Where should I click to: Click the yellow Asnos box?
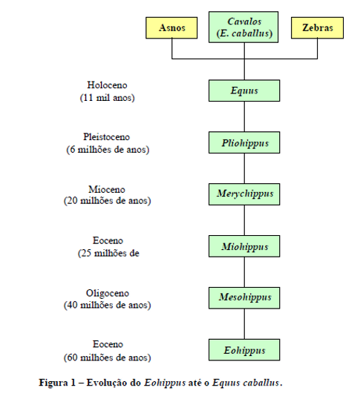click(171, 28)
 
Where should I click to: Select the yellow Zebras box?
click(317, 28)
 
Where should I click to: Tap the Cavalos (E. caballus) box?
click(243, 27)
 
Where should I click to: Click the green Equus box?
click(244, 90)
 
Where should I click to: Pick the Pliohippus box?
click(244, 142)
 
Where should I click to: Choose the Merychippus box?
click(244, 194)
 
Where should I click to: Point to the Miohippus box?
click(244, 246)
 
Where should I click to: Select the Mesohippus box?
click(244, 298)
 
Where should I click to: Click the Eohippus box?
click(244, 350)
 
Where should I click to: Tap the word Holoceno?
click(107, 85)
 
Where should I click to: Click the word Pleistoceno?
click(106, 137)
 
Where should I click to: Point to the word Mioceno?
click(107, 189)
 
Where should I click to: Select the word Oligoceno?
click(108, 293)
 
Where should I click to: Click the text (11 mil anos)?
click(107, 98)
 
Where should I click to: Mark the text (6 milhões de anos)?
click(108, 150)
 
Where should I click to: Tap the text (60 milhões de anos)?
click(107, 357)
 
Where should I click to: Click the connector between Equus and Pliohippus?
click(244, 116)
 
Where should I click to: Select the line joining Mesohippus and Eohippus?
click(244, 324)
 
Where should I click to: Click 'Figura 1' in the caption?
click(57, 383)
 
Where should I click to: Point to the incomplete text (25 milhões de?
click(108, 254)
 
